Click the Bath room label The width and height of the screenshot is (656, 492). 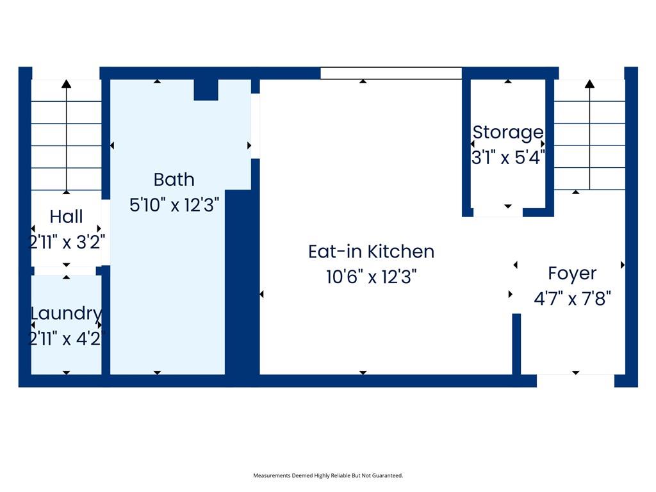click(x=174, y=180)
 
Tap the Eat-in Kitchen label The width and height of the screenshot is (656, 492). click(x=371, y=251)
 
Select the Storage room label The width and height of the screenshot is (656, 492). click(x=508, y=133)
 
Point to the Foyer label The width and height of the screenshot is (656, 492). click(x=572, y=274)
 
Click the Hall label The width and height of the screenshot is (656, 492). click(x=66, y=217)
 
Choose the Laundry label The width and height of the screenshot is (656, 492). click(x=66, y=314)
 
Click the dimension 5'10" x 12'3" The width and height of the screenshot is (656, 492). click(x=174, y=206)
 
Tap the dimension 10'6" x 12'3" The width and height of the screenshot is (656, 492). click(x=371, y=277)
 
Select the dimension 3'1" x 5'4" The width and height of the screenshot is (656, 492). click(x=508, y=158)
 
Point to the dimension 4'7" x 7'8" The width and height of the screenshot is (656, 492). click(x=572, y=299)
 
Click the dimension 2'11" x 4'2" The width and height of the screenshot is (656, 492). click(x=66, y=338)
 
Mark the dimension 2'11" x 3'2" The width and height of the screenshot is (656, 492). click(x=66, y=242)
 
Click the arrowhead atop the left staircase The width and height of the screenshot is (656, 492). click(x=66, y=84)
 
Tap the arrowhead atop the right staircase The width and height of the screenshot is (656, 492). click(x=589, y=84)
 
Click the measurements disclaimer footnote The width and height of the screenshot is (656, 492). click(x=328, y=476)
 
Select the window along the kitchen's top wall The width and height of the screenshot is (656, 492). click(x=391, y=73)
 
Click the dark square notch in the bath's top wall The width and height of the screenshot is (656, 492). click(x=206, y=90)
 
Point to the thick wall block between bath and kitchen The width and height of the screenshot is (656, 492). click(x=242, y=283)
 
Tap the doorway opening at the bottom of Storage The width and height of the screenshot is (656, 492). click(x=498, y=212)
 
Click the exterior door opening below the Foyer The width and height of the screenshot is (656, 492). click(x=576, y=381)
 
